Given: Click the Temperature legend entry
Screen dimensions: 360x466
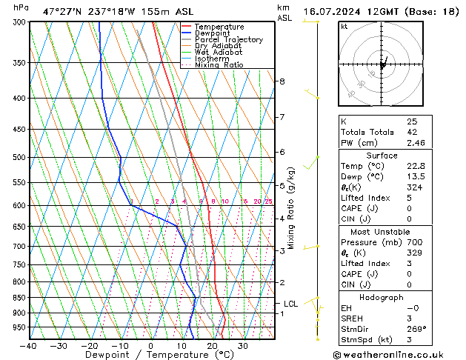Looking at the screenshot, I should (219, 27).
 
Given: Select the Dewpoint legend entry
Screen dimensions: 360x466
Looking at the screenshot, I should (215, 33).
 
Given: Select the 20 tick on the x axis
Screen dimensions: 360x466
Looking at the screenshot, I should (212, 346).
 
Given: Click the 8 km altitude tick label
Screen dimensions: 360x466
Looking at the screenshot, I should (282, 81).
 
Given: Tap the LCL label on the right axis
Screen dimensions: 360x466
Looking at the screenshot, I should (291, 304).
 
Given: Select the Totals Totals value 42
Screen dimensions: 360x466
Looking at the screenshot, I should (413, 132).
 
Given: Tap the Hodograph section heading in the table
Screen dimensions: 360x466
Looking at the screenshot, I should (382, 297).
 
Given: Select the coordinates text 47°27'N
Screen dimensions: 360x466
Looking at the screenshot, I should (62, 13).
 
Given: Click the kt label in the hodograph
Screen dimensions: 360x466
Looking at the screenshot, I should (344, 27).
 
